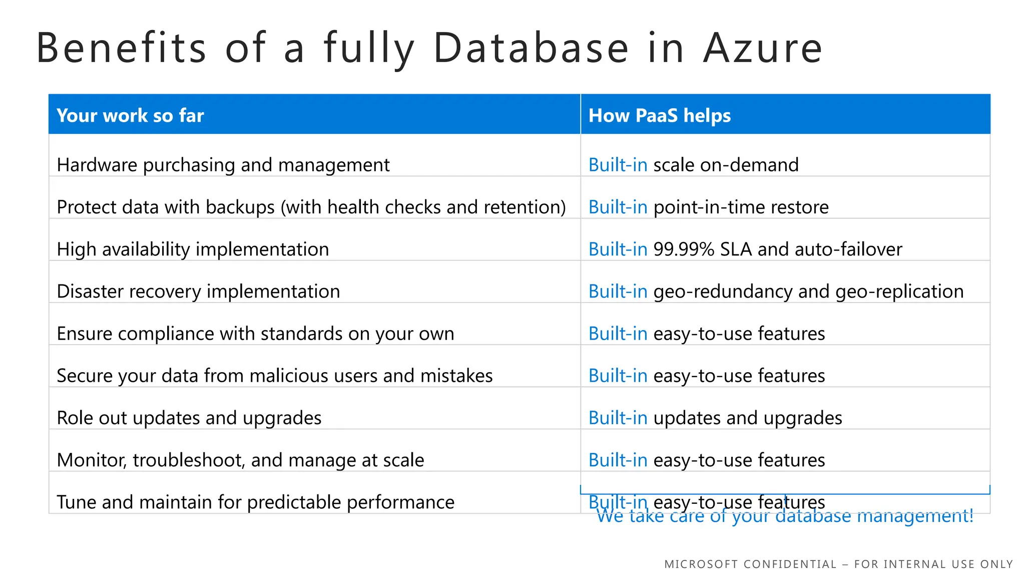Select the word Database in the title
click(x=531, y=48)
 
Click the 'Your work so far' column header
click(x=130, y=116)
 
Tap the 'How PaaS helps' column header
click(x=659, y=116)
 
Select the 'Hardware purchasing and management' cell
click(x=223, y=165)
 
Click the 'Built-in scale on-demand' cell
click(x=693, y=165)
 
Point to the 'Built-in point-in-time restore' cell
click(x=708, y=207)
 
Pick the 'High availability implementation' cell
click(x=193, y=249)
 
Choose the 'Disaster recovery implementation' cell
click(x=198, y=291)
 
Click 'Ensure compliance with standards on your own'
click(x=255, y=334)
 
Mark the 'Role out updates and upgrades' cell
click(x=189, y=418)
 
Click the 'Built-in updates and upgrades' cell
click(x=715, y=418)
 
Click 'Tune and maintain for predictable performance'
click(x=255, y=502)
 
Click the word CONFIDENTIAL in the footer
click(x=790, y=564)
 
